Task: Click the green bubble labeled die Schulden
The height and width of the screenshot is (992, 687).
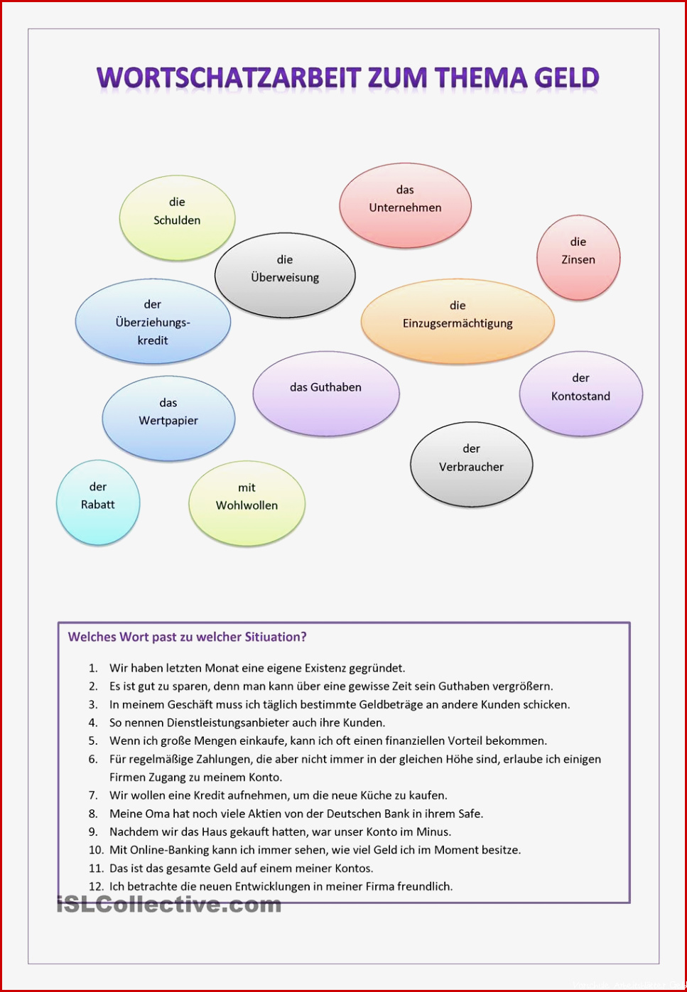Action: tap(177, 218)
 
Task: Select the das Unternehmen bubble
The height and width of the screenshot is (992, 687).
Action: tap(405, 205)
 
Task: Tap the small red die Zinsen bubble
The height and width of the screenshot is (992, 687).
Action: tap(578, 257)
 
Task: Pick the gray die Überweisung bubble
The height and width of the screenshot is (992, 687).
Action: tap(285, 275)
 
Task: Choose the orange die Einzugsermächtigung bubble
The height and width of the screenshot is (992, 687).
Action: tap(458, 321)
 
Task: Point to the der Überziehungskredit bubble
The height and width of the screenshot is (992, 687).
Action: tap(153, 321)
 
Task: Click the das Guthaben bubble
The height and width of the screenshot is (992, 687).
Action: tap(326, 394)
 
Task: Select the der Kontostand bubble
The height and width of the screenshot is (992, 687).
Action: tap(580, 394)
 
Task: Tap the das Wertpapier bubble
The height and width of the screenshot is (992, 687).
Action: tap(168, 419)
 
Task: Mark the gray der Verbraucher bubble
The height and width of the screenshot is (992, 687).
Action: tap(472, 464)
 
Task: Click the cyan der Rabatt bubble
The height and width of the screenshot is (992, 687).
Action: tap(98, 502)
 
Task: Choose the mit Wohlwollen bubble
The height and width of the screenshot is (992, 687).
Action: tap(247, 503)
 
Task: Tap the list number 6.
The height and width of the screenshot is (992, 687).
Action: tap(93, 759)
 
